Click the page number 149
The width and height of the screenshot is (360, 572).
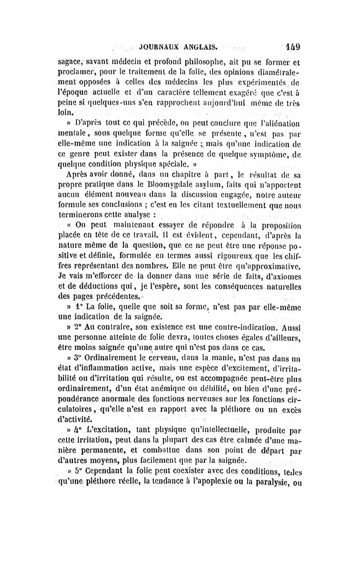(292, 46)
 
